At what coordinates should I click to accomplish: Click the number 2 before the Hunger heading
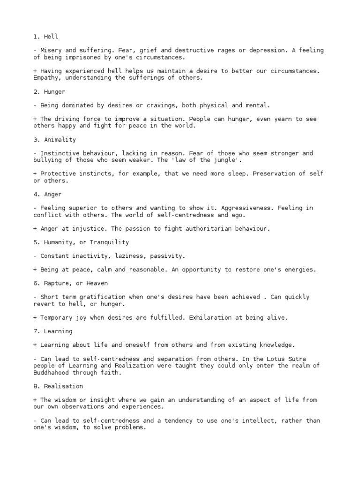click(x=35, y=91)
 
